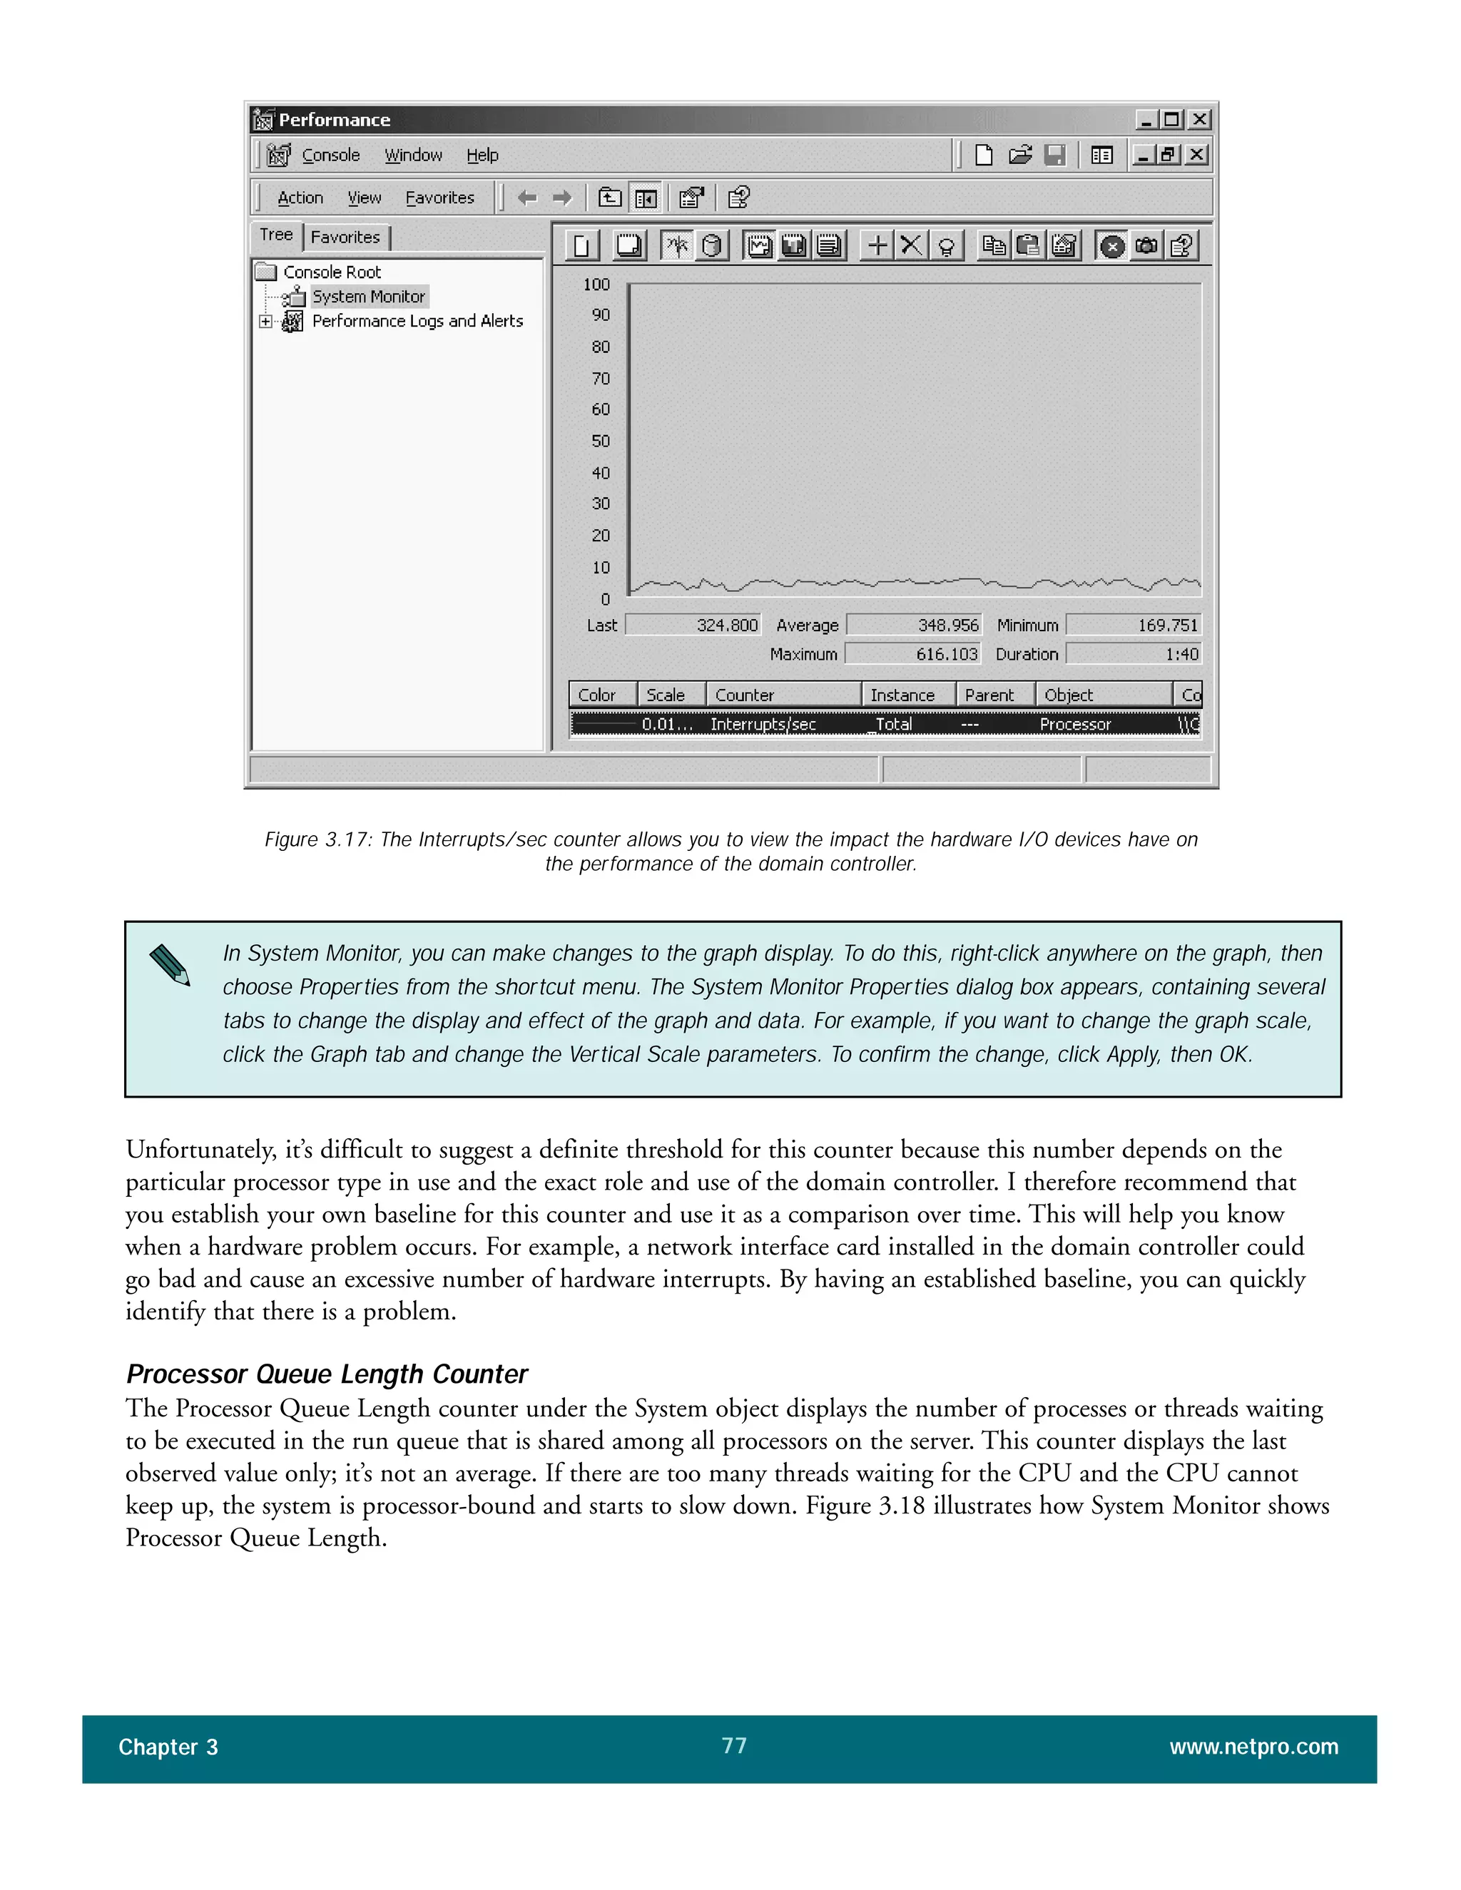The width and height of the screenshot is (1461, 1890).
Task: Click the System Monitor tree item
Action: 368,297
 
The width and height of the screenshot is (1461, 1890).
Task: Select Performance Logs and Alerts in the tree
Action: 417,321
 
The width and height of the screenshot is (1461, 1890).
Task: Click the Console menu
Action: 330,155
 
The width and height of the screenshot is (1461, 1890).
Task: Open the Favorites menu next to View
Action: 439,198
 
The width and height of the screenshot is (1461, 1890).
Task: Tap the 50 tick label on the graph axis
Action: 601,441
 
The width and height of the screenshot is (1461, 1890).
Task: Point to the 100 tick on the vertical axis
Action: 596,285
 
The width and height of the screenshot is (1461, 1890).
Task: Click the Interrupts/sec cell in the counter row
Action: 763,725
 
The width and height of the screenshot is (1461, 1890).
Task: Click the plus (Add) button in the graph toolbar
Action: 877,246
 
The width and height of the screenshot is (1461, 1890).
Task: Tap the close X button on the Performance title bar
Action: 1198,119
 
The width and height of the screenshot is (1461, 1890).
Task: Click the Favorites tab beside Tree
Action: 345,237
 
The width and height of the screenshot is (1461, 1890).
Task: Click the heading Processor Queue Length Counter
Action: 326,1374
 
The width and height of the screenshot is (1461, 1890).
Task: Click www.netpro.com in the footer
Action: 1253,1747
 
